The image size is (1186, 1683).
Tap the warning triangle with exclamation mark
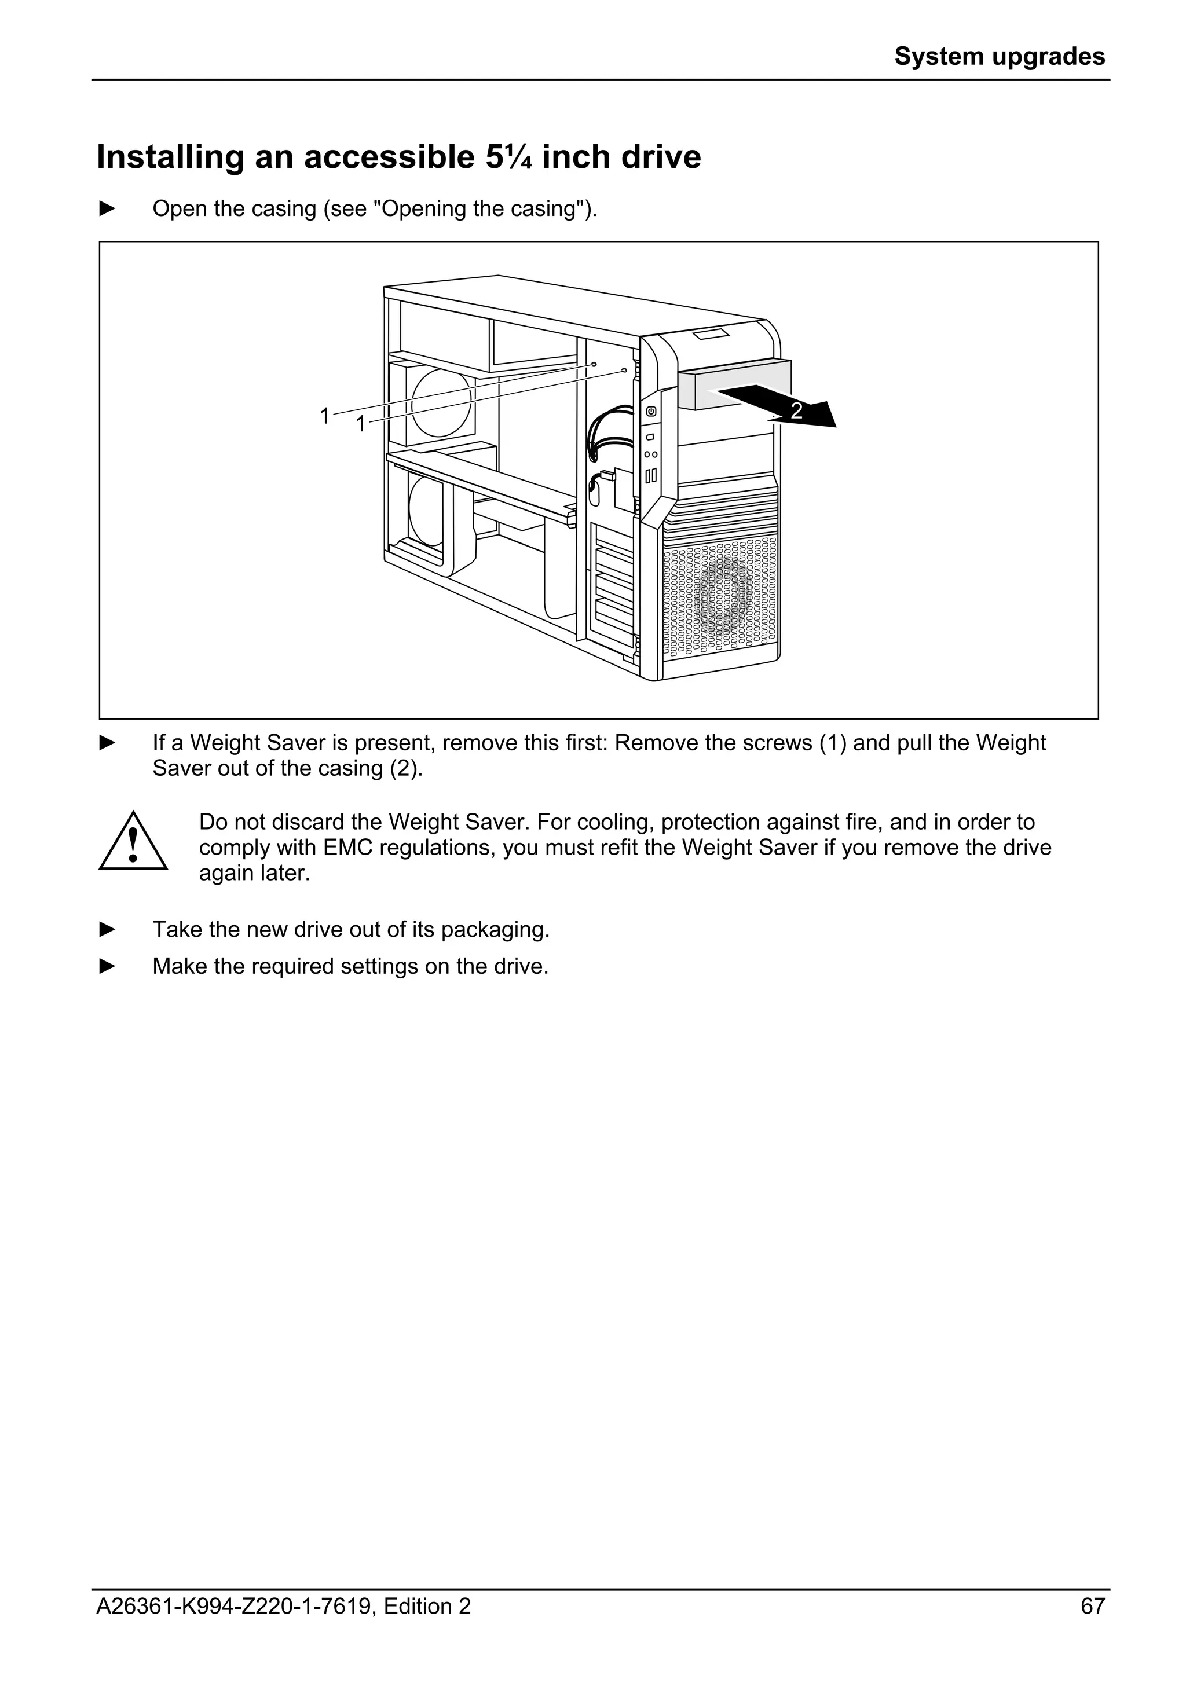tap(133, 843)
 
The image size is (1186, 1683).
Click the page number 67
tap(1092, 1627)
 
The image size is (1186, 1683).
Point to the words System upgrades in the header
tap(999, 56)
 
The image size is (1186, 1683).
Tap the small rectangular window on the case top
tap(712, 335)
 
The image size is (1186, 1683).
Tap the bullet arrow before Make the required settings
tap(108, 966)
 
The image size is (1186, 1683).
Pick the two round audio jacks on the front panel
tap(650, 454)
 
